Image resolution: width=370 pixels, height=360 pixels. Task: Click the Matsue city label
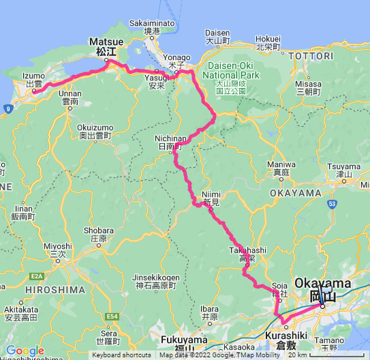click(x=106, y=46)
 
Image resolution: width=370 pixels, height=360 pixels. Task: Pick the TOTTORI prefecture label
click(x=313, y=55)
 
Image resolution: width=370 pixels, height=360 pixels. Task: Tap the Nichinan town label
click(x=168, y=141)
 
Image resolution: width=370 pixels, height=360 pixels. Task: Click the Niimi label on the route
click(x=212, y=197)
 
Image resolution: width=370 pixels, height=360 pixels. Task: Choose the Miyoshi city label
click(x=57, y=250)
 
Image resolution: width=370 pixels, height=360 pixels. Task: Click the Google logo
click(x=25, y=350)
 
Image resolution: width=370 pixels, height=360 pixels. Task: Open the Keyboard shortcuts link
click(x=122, y=355)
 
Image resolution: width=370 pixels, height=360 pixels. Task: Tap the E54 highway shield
click(x=112, y=316)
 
